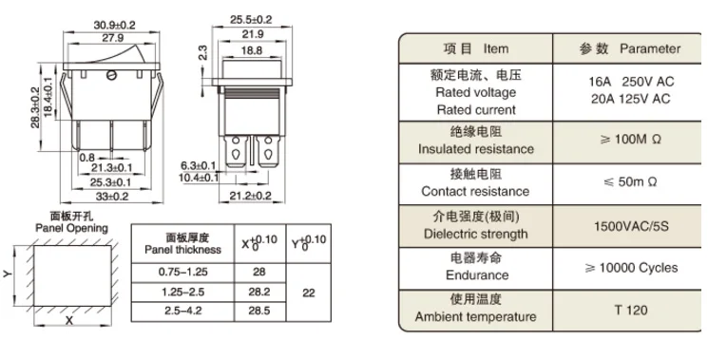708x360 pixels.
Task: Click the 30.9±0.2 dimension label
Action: (x=114, y=26)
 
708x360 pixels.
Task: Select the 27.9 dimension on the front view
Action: (x=112, y=38)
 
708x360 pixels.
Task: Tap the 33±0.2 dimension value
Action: (x=111, y=197)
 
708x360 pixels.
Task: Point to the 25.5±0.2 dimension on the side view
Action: (x=251, y=20)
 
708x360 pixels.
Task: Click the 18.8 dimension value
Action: (x=252, y=50)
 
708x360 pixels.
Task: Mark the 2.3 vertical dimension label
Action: (x=202, y=52)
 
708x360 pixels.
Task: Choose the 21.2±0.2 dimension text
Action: (x=251, y=196)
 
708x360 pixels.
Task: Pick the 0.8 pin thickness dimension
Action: (x=87, y=158)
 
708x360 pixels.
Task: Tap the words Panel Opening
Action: (x=72, y=228)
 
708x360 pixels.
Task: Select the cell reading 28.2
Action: (x=259, y=292)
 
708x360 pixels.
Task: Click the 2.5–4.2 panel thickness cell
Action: (x=182, y=312)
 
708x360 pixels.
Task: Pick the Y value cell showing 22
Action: (x=309, y=294)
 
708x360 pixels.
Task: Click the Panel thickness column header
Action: (x=182, y=243)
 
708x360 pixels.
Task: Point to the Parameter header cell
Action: (x=630, y=48)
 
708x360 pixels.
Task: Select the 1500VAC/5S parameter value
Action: (x=631, y=226)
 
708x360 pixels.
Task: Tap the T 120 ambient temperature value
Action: (x=631, y=310)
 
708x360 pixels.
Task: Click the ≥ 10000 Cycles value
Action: (x=631, y=268)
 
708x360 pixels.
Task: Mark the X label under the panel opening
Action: (x=69, y=321)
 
